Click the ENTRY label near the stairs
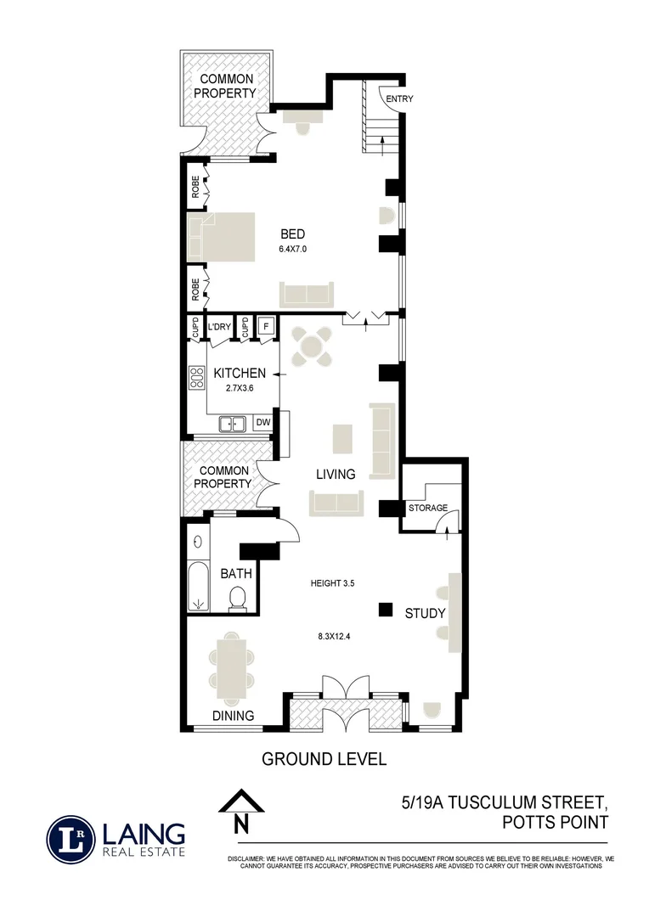tap(399, 99)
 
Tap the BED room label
tap(293, 234)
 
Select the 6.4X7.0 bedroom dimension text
tap(291, 250)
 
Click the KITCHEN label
tap(240, 374)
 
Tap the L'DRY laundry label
tap(219, 326)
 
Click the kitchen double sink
tap(232, 424)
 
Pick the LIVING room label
tap(336, 474)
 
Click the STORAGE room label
tap(427, 508)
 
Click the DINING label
tap(233, 716)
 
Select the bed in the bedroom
tap(222, 237)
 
